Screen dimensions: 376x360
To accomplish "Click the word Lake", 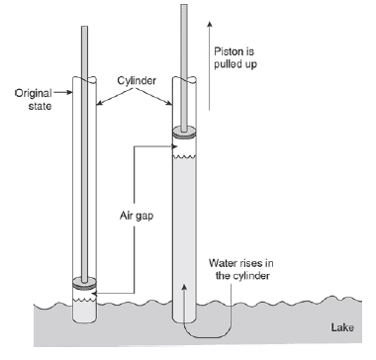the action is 342,327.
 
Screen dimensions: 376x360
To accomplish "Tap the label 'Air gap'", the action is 137,217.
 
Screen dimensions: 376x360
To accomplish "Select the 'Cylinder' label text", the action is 137,81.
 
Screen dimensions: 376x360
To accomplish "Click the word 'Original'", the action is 34,93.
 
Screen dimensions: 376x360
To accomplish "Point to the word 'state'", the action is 40,106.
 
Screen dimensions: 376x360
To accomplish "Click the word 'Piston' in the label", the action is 227,51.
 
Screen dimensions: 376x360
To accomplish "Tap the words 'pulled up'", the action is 235,64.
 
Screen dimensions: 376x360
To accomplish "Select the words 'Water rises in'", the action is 241,263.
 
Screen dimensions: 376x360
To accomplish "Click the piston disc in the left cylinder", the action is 85,284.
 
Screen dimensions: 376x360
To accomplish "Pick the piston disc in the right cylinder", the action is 184,133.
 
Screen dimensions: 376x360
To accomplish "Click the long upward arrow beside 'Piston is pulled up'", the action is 209,65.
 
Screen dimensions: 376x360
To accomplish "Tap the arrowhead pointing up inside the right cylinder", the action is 184,288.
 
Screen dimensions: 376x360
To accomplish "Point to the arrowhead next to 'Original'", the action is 69,93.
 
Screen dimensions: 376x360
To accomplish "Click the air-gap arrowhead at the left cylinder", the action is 94,293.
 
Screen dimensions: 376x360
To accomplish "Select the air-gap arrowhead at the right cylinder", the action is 175,146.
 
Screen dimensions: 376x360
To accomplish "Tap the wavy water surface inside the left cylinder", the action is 85,300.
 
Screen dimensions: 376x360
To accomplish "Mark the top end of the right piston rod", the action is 184,5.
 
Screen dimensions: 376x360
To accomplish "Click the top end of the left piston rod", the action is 85,27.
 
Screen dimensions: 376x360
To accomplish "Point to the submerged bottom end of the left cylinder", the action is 85,321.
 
